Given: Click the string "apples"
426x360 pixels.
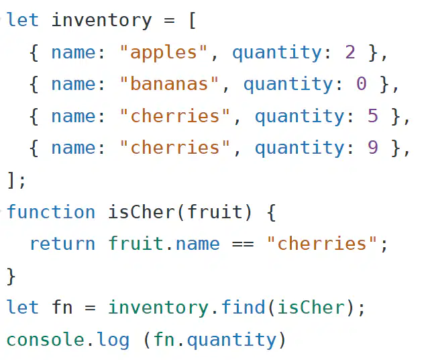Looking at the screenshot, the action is point(163,52).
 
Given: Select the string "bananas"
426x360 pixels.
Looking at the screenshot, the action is point(169,84).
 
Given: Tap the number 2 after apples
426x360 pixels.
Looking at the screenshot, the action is point(350,52).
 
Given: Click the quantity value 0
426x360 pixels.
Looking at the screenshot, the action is point(362,84).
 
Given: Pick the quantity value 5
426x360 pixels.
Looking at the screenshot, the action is point(373,116).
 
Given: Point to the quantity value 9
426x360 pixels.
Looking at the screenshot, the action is point(373,148).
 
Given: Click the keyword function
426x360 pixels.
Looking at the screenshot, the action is point(51,212).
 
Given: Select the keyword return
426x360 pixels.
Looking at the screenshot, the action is point(62,244).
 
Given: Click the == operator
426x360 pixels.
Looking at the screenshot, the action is point(243,244).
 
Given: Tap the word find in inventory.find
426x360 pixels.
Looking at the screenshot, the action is point(243,307).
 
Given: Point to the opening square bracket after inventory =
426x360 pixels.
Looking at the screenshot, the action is point(192,20).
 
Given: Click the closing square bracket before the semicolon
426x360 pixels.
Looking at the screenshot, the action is point(10,180).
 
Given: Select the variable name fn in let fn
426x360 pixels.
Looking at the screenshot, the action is point(62,307).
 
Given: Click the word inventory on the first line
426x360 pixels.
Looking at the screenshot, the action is point(101,20).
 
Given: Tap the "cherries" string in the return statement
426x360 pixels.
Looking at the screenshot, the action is point(322,243).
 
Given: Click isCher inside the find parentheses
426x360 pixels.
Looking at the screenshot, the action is point(311,307).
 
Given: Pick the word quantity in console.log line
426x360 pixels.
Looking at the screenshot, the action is point(231,341).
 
